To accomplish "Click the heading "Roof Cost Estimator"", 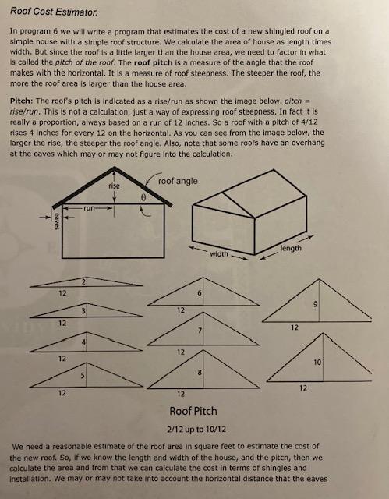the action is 54,12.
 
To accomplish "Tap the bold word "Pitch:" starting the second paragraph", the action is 22,101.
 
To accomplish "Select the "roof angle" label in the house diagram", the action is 178,182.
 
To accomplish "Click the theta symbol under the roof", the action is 143,197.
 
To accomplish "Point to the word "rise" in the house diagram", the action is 114,186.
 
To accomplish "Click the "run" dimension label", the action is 90,208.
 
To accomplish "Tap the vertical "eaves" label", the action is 57,221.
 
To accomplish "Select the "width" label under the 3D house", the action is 219,253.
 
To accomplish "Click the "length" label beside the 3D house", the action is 291,248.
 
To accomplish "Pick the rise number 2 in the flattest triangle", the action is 83,281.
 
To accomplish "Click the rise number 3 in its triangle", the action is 83,311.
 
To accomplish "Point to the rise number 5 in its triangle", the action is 82,376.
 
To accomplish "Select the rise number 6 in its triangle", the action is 200,293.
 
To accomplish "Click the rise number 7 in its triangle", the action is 200,331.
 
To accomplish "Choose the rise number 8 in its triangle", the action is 200,372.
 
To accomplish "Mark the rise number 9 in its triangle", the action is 315,304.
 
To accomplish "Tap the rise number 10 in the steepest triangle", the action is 317,362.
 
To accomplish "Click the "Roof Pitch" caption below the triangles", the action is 193,411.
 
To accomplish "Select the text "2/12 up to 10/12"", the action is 196,430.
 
